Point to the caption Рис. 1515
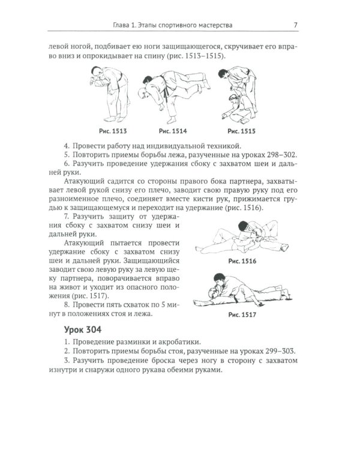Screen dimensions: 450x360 click(x=241, y=130)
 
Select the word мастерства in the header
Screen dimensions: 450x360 click(x=212, y=25)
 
